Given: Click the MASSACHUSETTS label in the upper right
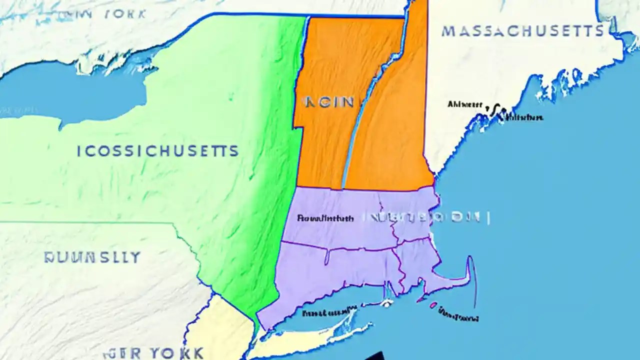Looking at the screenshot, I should coord(522,31).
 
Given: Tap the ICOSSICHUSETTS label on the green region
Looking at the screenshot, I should coord(158,150).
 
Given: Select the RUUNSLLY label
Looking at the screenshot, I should coord(92,257).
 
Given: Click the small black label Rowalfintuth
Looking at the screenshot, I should coord(325,218).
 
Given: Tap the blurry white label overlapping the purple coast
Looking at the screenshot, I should coord(425,217).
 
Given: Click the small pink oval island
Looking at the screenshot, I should coord(433,304).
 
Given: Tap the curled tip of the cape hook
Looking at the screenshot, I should coord(470,260).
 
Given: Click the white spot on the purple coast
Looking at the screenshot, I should coord(386,303).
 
